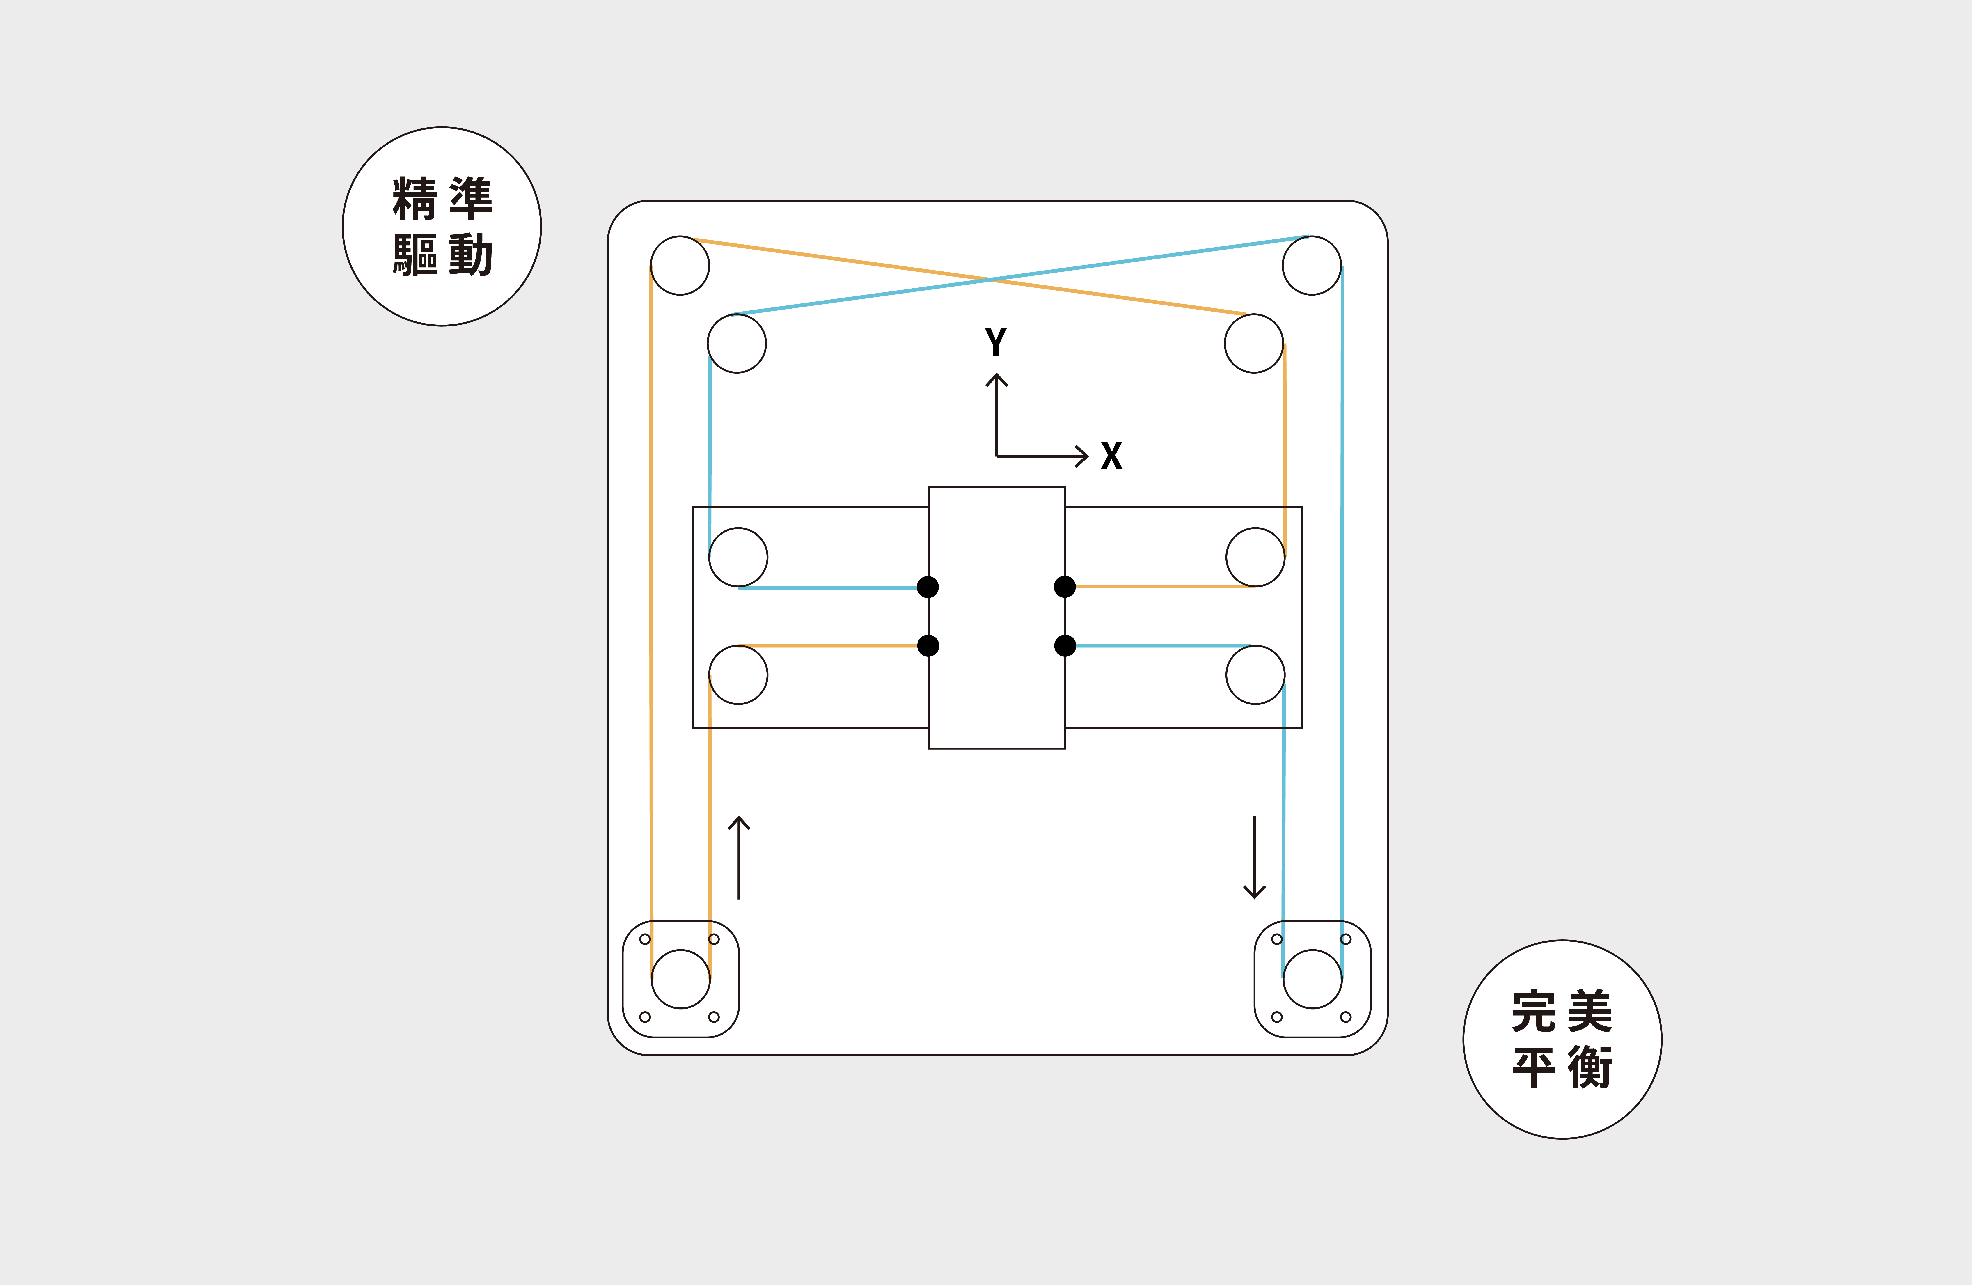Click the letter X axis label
[1111, 456]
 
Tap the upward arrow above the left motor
[738, 858]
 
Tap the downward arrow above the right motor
[1255, 858]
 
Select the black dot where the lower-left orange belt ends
[928, 645]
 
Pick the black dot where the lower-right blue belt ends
[1065, 645]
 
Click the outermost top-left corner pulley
[679, 265]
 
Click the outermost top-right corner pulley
[1312, 265]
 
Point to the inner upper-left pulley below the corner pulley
[737, 343]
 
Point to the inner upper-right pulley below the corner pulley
[1254, 343]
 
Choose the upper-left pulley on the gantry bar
[738, 557]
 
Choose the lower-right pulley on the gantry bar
[1255, 674]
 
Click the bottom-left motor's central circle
[681, 979]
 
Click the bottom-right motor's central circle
[1312, 979]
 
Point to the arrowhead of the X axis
[1084, 456]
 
